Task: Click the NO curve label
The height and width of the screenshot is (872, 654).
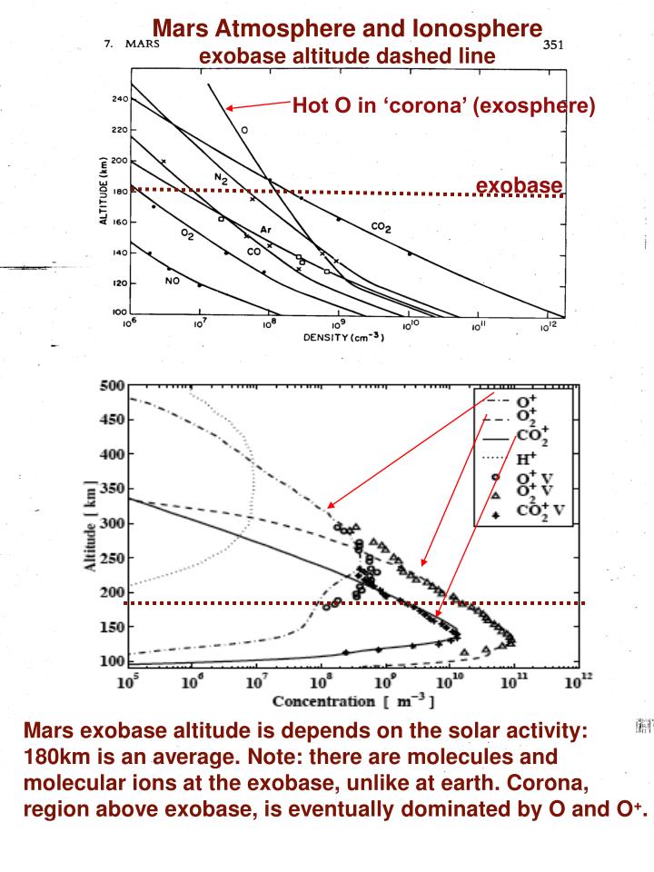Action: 171,280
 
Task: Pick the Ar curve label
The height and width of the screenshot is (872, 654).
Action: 265,230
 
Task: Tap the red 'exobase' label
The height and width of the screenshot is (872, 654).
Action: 519,185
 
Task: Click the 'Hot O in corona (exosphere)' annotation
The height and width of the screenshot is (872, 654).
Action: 443,106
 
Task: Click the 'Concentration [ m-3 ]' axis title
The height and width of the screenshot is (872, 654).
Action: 350,701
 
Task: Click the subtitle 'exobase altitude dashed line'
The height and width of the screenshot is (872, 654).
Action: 347,56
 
